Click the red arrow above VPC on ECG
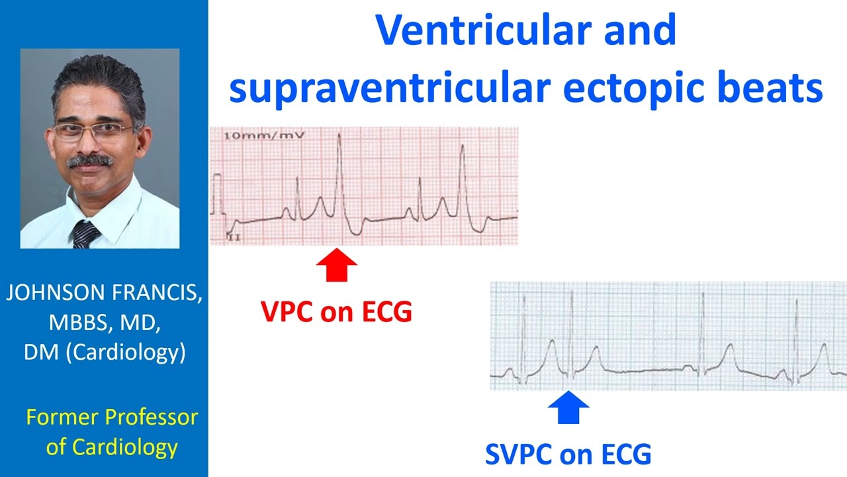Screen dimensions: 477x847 (x=336, y=266)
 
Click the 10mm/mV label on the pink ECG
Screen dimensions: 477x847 (x=263, y=135)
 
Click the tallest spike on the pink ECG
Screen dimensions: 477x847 (x=339, y=136)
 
